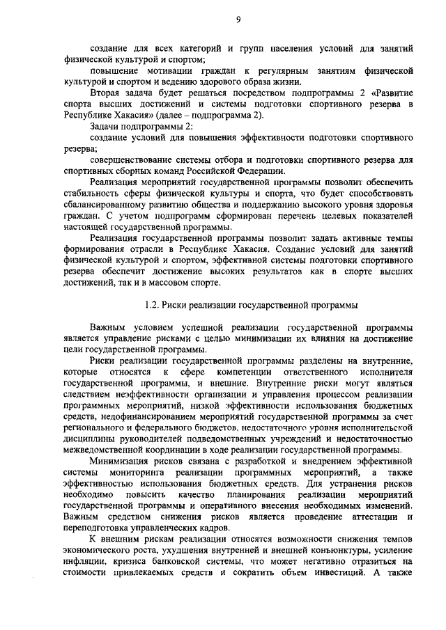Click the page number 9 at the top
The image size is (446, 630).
(238, 19)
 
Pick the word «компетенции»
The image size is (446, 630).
(226, 371)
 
